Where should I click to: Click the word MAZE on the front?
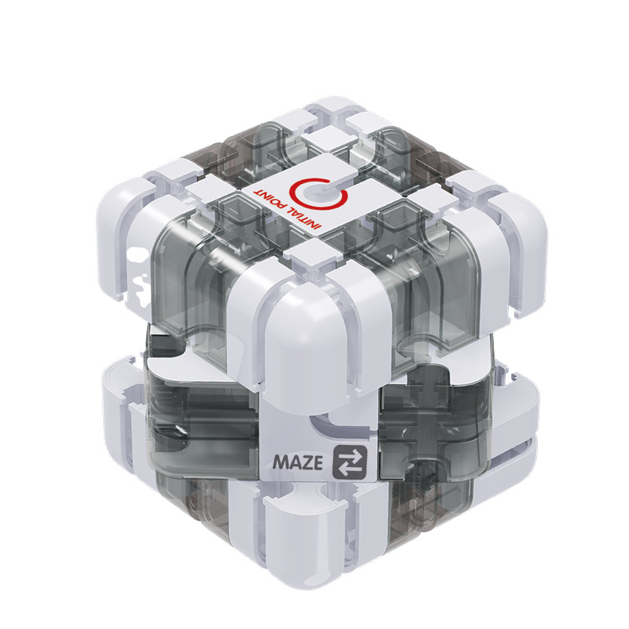(297, 462)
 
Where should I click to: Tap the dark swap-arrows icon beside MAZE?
(349, 462)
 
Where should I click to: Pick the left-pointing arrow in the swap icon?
(348, 468)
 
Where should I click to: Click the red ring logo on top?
(318, 193)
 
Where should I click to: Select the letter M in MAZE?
(280, 462)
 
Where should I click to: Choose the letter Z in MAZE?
(306, 462)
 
